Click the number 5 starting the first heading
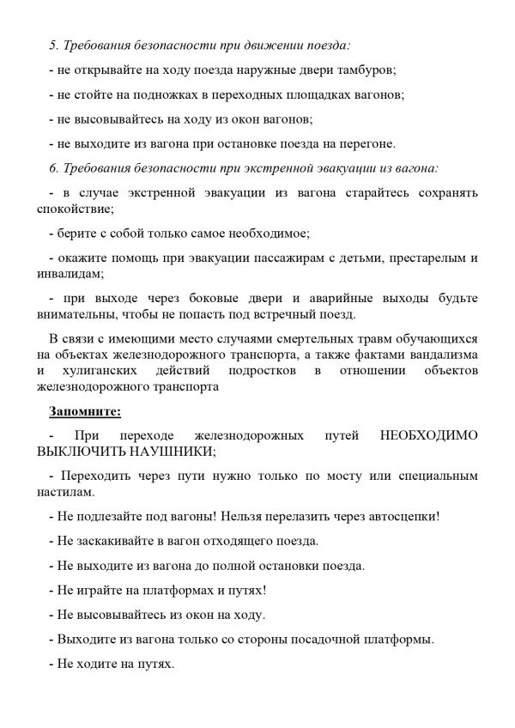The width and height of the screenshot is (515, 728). pos(54,43)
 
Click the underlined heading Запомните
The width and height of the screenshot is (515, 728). pos(85,412)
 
